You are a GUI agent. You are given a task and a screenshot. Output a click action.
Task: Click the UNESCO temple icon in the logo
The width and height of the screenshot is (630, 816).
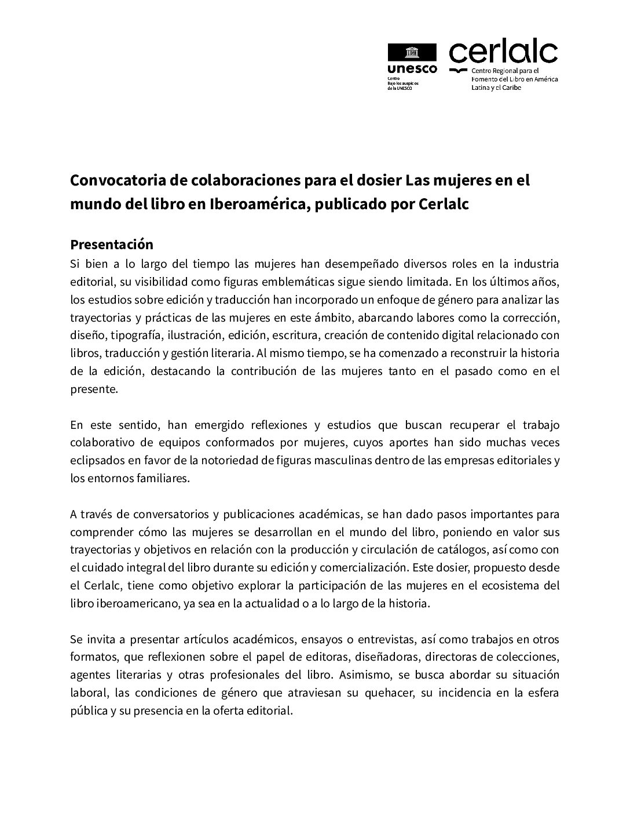coord(411,53)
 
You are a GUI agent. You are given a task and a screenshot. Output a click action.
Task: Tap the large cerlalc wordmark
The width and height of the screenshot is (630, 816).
coord(503,54)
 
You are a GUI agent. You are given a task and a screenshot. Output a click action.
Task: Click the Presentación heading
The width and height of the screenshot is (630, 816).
coord(112,243)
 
